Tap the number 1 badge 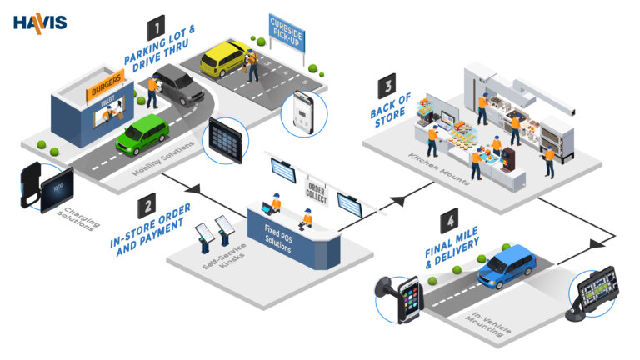pos(156,31)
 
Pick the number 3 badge pos(387,87)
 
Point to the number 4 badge pos(449,222)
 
